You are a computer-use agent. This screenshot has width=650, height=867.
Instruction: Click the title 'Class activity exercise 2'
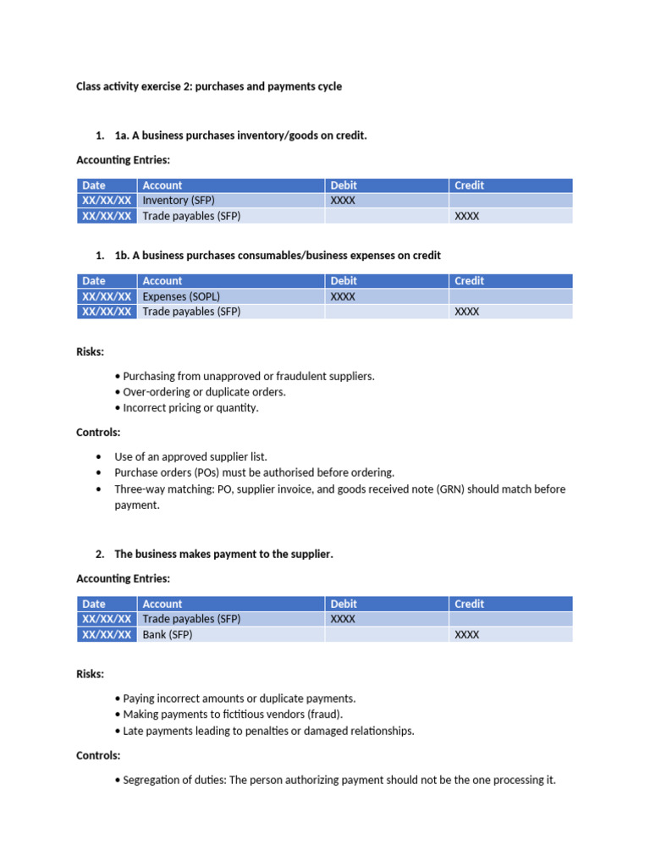209,86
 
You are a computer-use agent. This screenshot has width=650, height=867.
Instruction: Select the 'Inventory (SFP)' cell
178,201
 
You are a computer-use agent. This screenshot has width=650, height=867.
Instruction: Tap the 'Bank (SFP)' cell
168,634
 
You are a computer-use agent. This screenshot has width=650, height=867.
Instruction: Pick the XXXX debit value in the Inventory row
343,201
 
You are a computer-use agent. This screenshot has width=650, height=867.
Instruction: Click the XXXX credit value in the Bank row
466,635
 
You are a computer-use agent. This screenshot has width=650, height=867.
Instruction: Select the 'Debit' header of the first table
344,185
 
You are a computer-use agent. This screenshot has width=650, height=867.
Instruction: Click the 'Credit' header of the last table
469,604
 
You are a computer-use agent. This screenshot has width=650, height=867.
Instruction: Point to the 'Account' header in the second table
162,281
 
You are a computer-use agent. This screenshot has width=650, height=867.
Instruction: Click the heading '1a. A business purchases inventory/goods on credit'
240,135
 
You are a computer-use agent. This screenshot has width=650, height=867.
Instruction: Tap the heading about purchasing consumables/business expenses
277,255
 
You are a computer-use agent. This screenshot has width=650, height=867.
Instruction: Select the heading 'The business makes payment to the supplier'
223,554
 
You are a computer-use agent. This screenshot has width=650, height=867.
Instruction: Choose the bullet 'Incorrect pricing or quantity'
190,407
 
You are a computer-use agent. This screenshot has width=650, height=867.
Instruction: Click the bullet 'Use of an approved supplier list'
190,456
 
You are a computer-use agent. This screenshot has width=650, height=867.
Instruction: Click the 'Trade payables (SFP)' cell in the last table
191,619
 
